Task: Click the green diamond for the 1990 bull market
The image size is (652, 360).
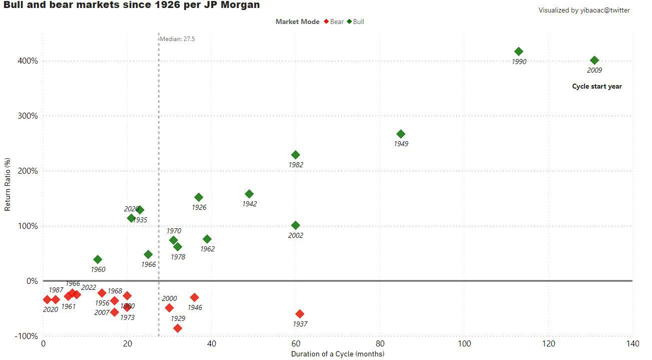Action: pyautogui.click(x=519, y=52)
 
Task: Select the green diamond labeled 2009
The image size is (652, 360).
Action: pyautogui.click(x=594, y=61)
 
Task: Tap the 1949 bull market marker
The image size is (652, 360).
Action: pyautogui.click(x=401, y=134)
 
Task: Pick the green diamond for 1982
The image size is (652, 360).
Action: pyautogui.click(x=296, y=155)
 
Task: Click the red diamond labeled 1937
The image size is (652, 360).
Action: pyautogui.click(x=300, y=314)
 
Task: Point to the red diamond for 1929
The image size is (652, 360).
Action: pyautogui.click(x=178, y=328)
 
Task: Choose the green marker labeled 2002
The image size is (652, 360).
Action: pyautogui.click(x=296, y=226)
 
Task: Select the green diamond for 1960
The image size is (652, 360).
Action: pyautogui.click(x=98, y=259)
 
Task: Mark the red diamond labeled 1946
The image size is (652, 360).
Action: pyautogui.click(x=195, y=298)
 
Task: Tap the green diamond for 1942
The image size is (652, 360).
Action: pyautogui.click(x=249, y=194)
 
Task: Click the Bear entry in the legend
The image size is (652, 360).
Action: pyautogui.click(x=334, y=22)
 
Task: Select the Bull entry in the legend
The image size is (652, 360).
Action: pyautogui.click(x=356, y=22)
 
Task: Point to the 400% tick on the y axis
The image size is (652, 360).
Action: pyautogui.click(x=29, y=61)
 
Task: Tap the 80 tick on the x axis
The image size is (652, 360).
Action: pyautogui.click(x=380, y=344)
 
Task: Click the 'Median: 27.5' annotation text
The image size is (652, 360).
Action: pyautogui.click(x=177, y=39)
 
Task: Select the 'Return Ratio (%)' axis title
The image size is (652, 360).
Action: pyautogui.click(x=8, y=184)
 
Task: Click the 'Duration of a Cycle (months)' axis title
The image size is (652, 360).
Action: pyautogui.click(x=338, y=354)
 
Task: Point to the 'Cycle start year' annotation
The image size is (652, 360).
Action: pyautogui.click(x=597, y=87)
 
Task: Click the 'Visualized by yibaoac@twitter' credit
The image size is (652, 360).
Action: pyautogui.click(x=584, y=11)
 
